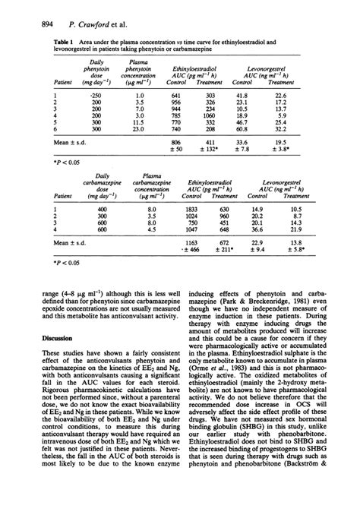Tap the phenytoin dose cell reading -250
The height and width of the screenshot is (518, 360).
95,94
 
